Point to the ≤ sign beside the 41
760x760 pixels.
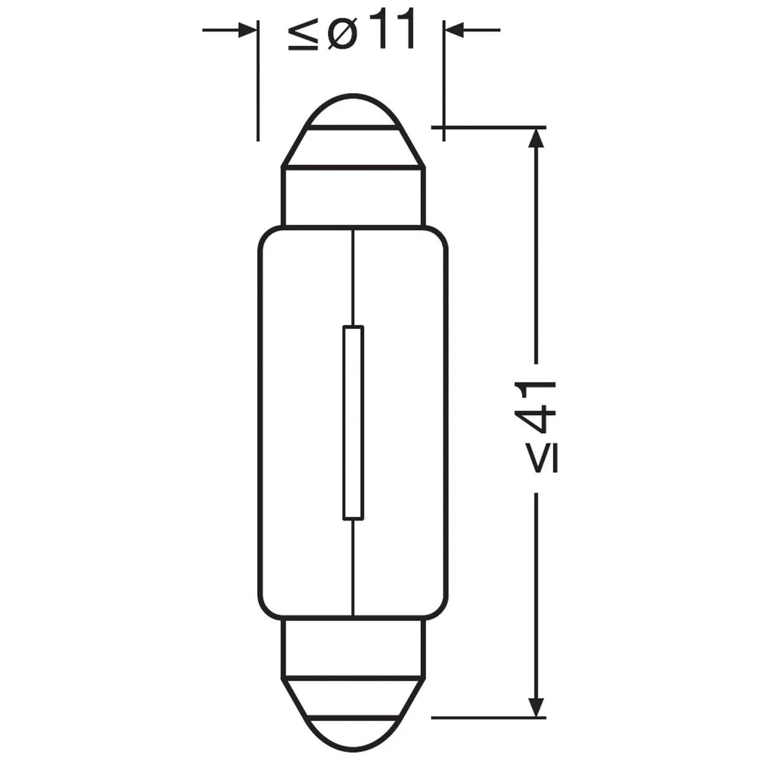[542, 457]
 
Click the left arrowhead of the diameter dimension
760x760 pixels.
[246, 30]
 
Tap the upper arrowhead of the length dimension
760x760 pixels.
[536, 138]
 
